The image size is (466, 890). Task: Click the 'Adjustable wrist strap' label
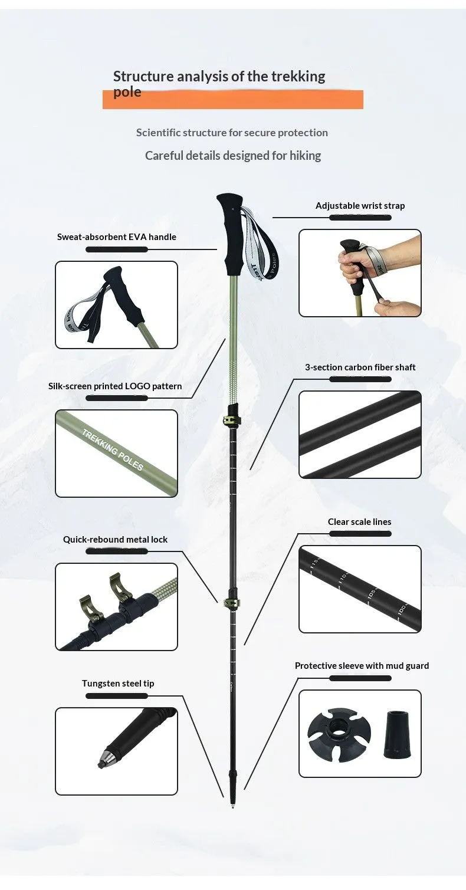[360, 206]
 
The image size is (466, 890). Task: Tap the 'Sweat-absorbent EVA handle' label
[116, 237]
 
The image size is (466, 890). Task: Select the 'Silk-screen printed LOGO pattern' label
[115, 386]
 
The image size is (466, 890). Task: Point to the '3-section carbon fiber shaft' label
[360, 367]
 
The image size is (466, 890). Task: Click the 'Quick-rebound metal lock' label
[115, 540]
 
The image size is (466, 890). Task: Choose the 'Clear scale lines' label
[360, 522]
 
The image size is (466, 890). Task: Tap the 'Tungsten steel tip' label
[118, 684]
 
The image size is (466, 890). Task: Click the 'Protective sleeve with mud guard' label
[362, 666]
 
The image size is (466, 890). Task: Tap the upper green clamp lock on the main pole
[233, 419]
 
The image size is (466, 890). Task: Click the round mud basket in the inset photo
[339, 735]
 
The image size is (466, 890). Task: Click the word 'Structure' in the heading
[143, 76]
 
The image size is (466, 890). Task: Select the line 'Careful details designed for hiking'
[233, 156]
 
